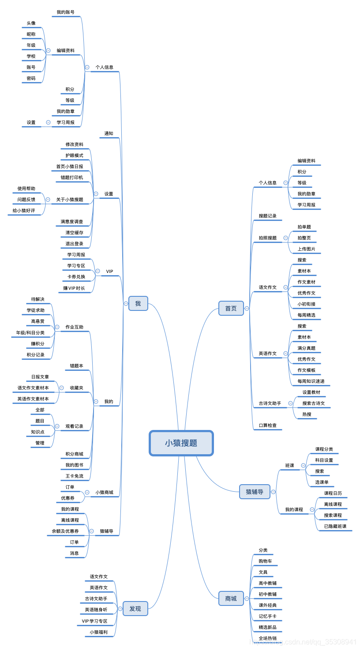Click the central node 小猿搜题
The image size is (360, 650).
[x=181, y=443]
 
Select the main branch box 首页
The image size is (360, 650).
[x=231, y=308]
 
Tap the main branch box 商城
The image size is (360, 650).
[x=231, y=598]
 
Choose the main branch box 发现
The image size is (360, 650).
[x=135, y=609]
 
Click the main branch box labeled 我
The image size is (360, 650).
[x=138, y=303]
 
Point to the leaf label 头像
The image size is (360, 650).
[x=31, y=23]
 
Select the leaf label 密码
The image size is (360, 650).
[x=31, y=78]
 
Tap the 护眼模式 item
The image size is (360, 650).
[x=74, y=155]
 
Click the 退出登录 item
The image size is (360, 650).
[x=74, y=243]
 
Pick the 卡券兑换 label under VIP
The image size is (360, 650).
[x=76, y=276]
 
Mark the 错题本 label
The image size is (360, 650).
[x=76, y=366]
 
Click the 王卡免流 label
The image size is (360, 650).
[x=74, y=476]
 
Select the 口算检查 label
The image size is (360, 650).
[x=267, y=425]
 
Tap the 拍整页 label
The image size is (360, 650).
[x=304, y=238]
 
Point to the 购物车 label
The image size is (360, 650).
[x=265, y=561]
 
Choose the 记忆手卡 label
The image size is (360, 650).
[x=267, y=616]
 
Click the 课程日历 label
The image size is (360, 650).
[x=333, y=493]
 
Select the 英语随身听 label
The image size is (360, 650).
[x=96, y=609]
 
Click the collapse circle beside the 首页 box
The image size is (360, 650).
[x=247, y=308]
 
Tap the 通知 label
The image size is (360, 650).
[x=109, y=133]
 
